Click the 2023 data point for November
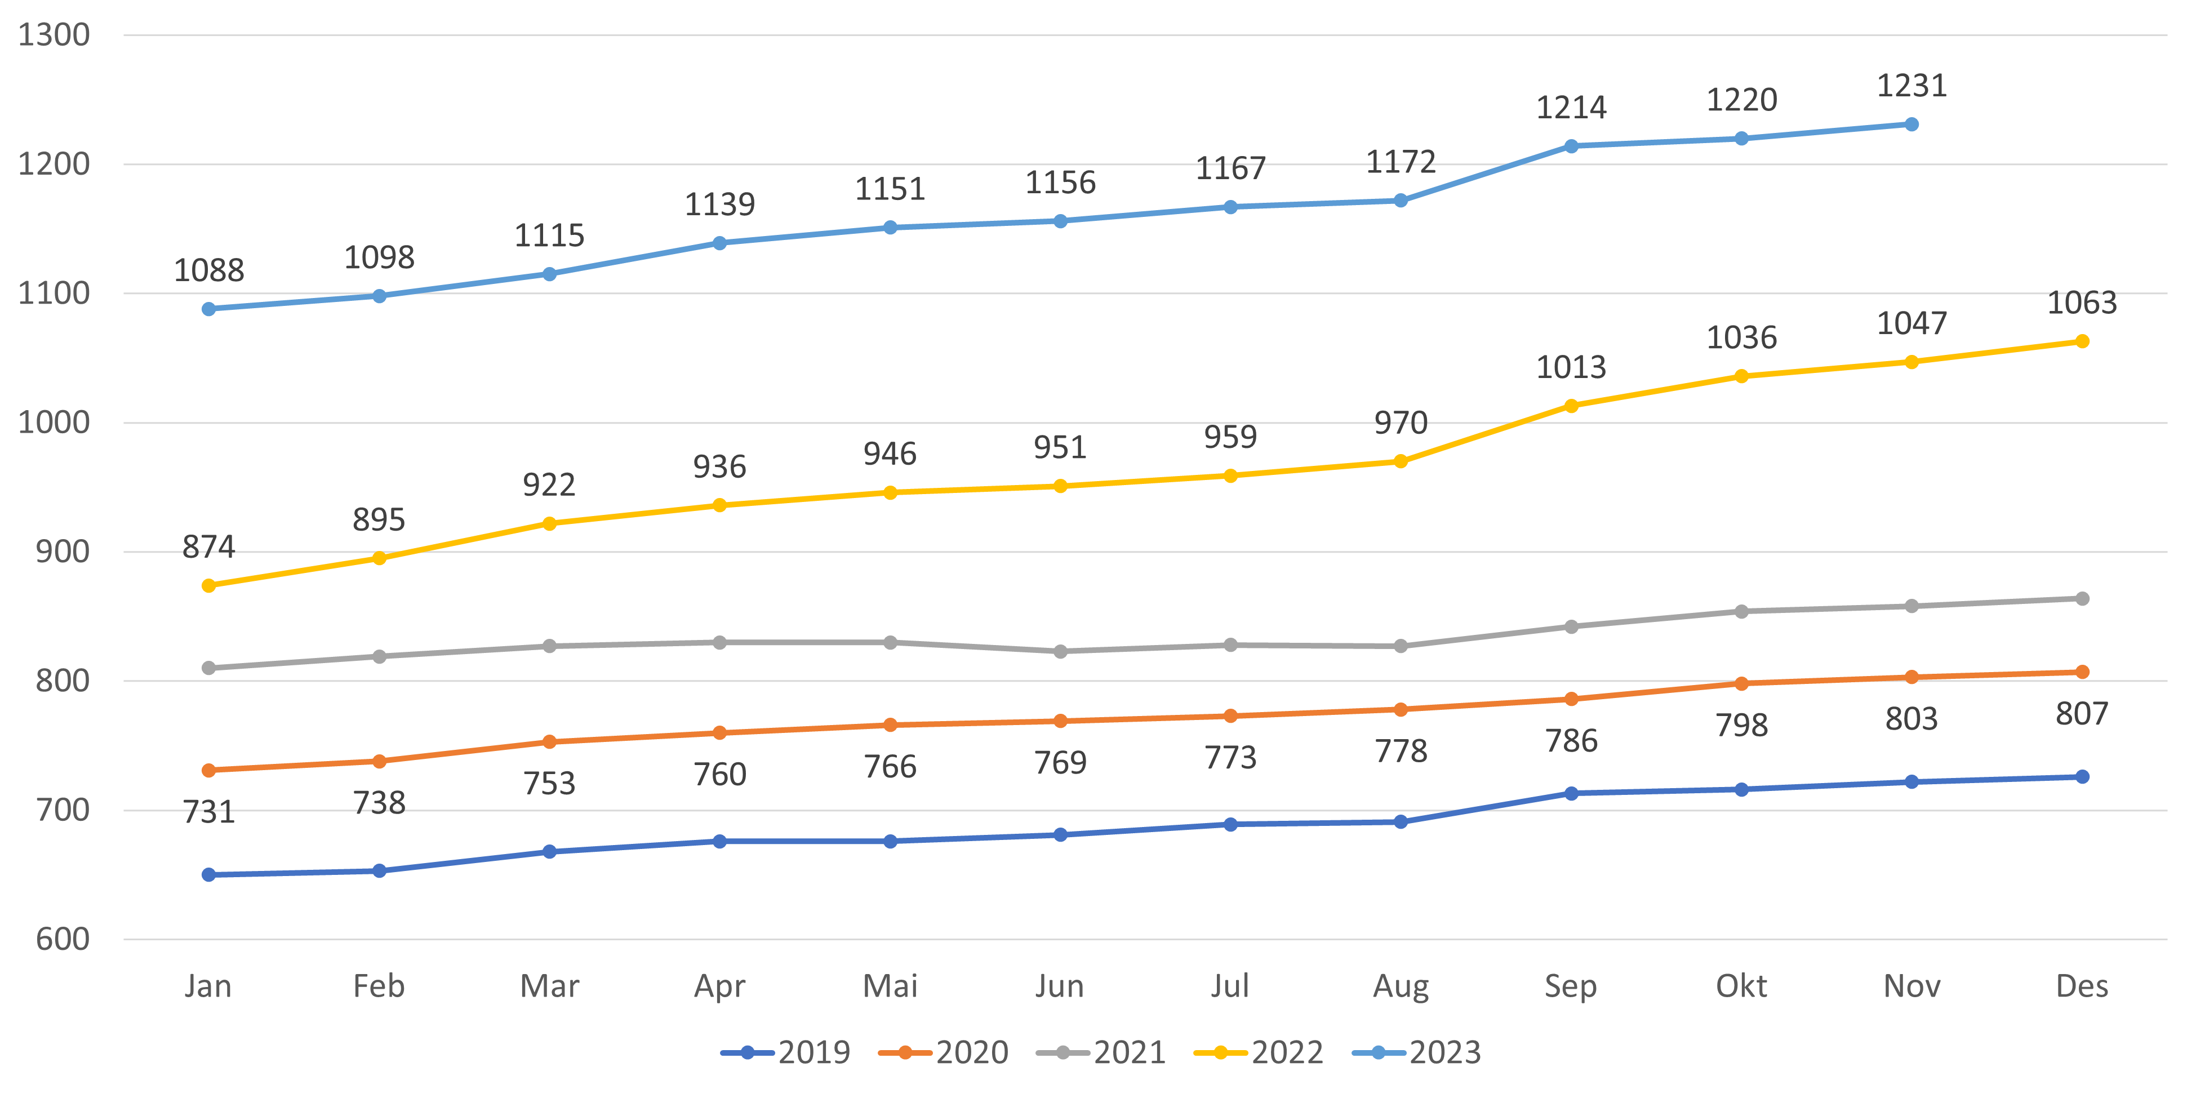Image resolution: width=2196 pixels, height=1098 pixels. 1912,125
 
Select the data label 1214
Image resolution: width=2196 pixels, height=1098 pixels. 1571,108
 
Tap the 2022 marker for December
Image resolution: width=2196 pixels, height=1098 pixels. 2082,341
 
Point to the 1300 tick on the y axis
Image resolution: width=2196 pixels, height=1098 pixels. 54,35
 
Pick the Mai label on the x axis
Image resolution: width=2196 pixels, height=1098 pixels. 890,986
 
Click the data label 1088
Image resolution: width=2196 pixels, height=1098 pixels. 209,270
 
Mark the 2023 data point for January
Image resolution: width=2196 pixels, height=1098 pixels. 209,309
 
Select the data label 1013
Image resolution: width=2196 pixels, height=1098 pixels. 1571,367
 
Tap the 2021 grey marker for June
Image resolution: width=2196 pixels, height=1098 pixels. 1060,651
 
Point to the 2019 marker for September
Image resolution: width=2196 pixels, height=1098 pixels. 1571,794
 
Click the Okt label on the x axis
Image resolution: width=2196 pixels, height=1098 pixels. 1741,986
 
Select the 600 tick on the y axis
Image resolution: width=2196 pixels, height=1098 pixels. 62,940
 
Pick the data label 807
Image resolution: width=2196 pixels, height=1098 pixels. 2082,714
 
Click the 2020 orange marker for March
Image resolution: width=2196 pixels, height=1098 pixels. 549,741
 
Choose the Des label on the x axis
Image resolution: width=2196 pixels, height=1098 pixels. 2082,986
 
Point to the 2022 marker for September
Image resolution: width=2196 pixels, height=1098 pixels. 1571,406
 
